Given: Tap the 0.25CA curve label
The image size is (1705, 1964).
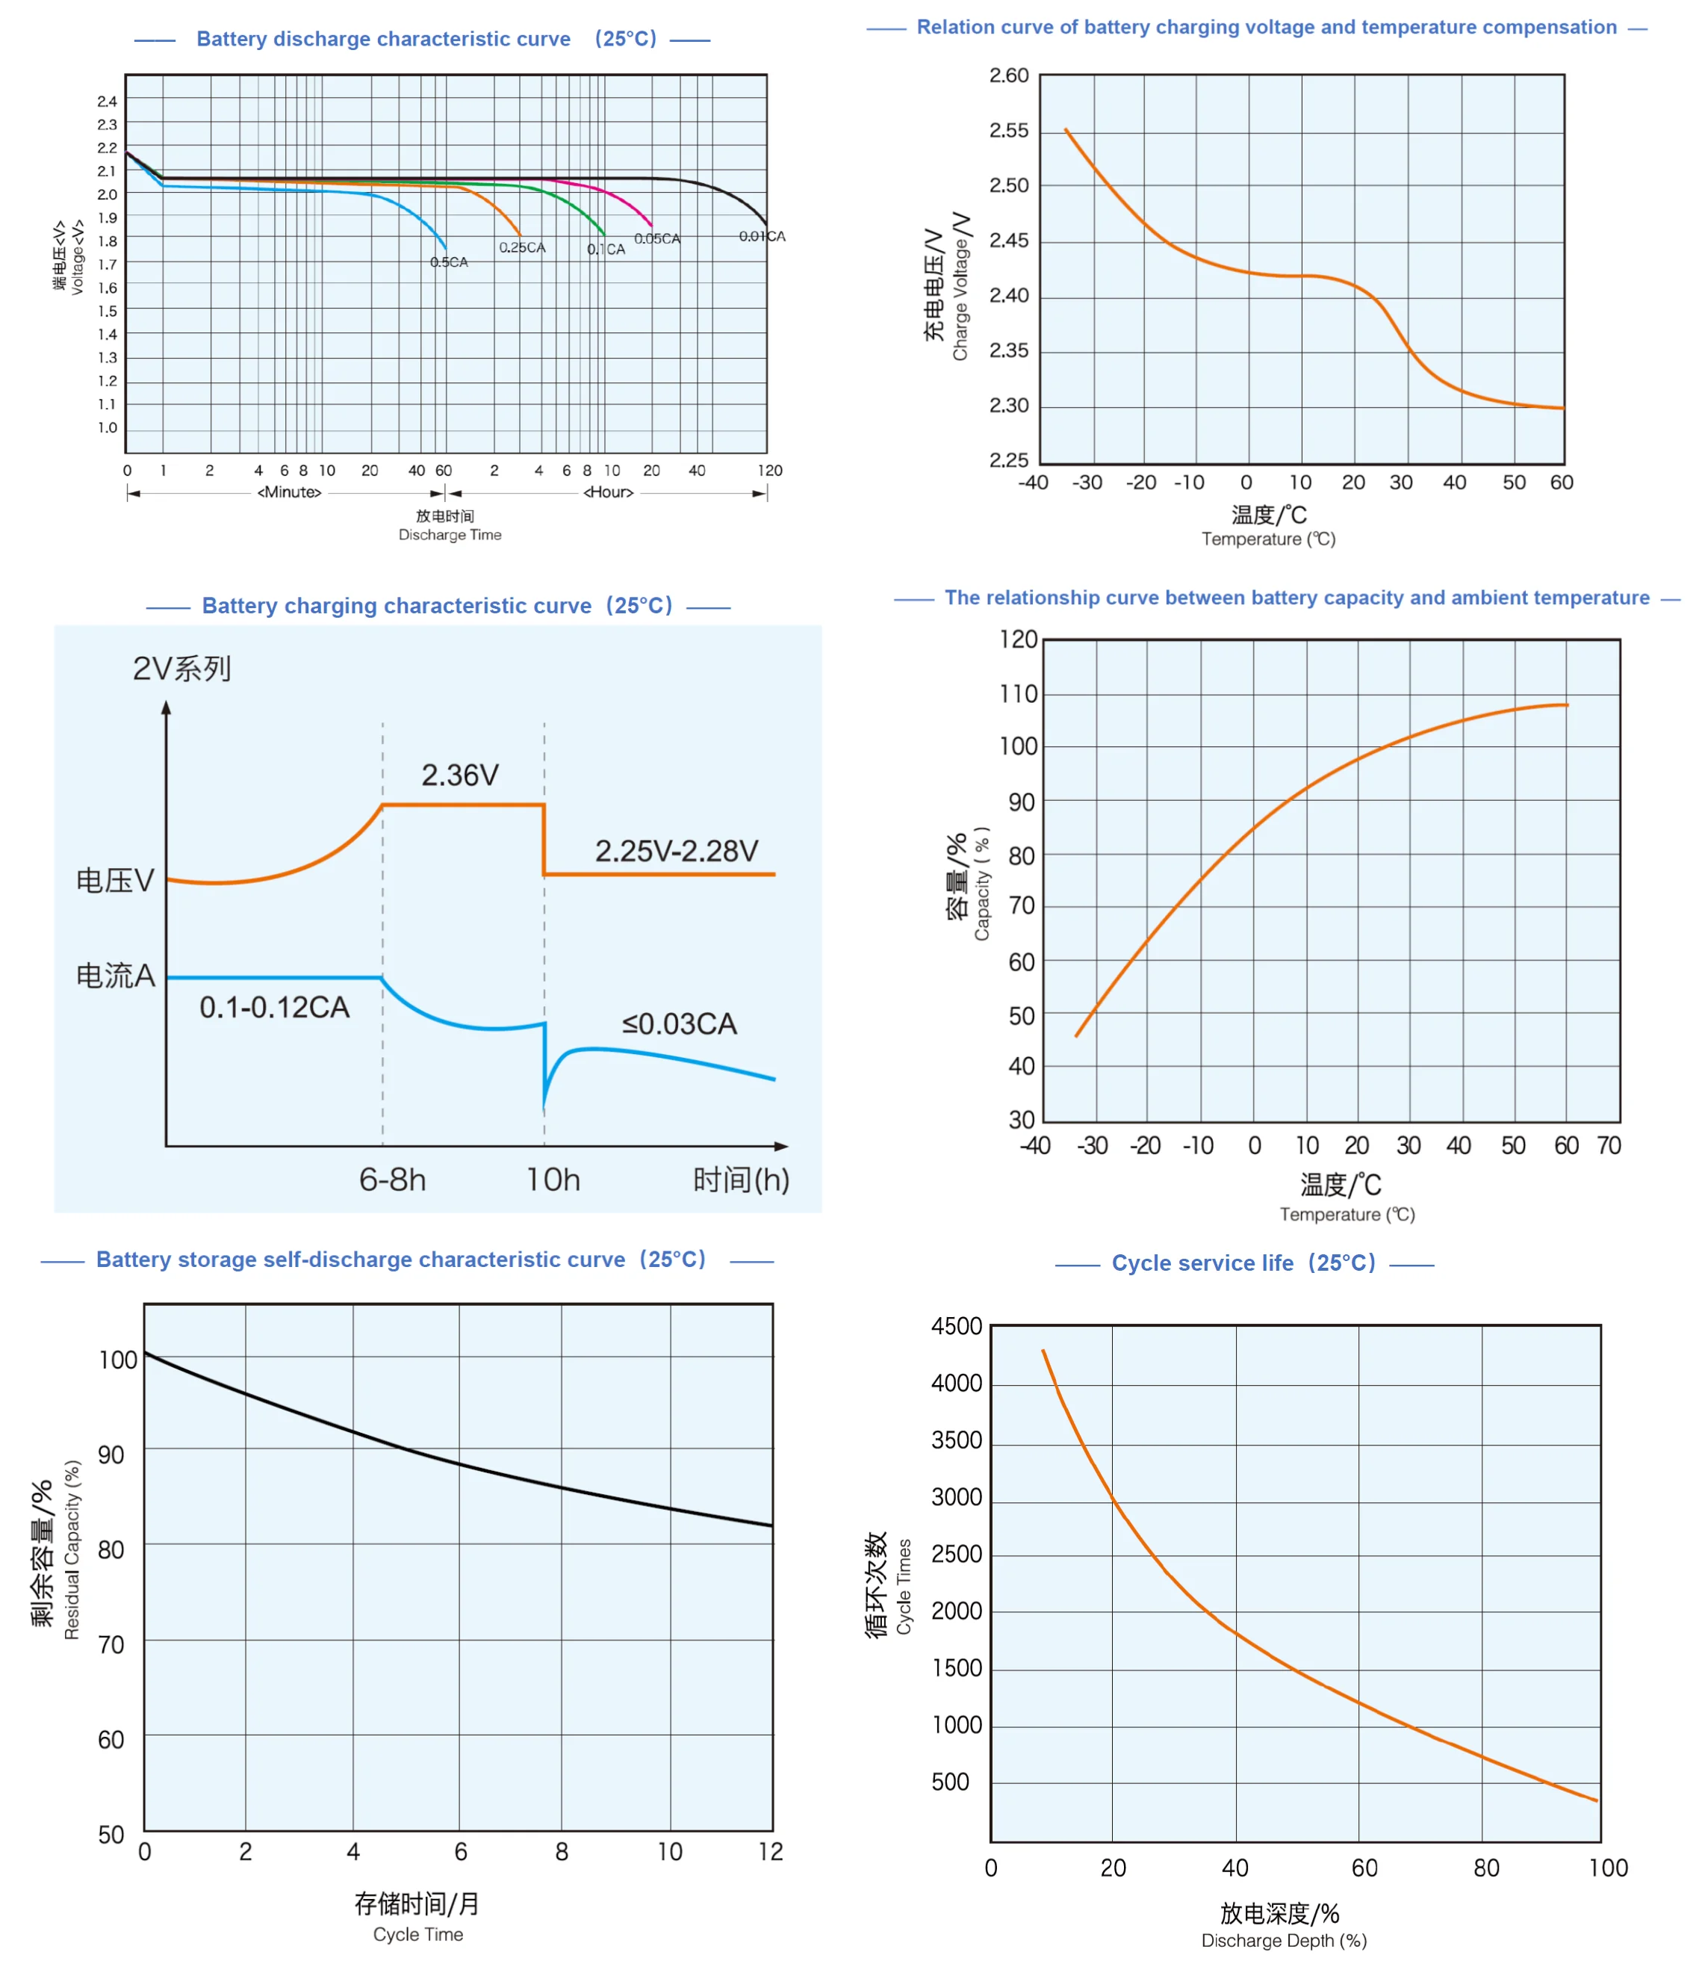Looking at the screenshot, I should pyautogui.click(x=522, y=247).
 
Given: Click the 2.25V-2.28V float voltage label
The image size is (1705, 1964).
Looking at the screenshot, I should pyautogui.click(x=677, y=851).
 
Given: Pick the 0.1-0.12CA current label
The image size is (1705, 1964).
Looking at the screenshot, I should pyautogui.click(x=274, y=1007).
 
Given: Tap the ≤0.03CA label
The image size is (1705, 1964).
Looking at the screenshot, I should pyautogui.click(x=680, y=1024).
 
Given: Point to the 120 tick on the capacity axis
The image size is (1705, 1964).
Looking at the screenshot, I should pyautogui.click(x=1018, y=639).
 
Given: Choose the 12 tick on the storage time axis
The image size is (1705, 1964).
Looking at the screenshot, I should pyautogui.click(x=771, y=1852).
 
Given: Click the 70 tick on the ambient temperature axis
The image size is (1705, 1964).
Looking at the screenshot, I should pyautogui.click(x=1609, y=1146).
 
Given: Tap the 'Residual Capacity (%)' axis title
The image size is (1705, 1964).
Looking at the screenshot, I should pyautogui.click(x=72, y=1550).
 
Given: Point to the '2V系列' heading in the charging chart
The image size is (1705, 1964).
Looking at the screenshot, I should pyautogui.click(x=181, y=669).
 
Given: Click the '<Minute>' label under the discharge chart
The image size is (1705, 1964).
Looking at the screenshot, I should pyautogui.click(x=289, y=492).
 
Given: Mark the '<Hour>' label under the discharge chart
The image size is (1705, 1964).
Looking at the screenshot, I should pyautogui.click(x=608, y=492).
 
